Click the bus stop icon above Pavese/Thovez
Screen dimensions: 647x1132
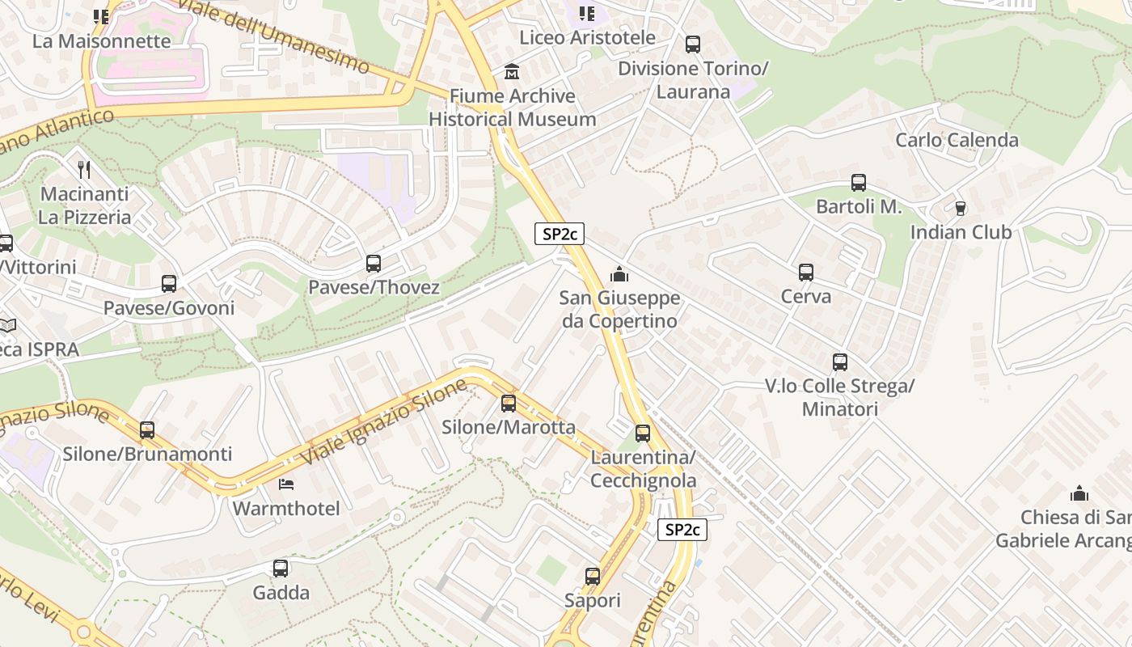tap(373, 263)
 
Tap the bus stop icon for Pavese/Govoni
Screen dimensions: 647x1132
tap(169, 284)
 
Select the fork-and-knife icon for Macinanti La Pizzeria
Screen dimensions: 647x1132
tap(84, 169)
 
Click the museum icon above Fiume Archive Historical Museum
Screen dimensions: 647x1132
tap(512, 72)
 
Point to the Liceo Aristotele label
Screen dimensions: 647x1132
tap(587, 37)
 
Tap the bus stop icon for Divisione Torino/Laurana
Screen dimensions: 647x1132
tap(693, 44)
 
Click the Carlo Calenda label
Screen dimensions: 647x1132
tap(957, 140)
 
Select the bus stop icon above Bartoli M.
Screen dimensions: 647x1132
tap(859, 183)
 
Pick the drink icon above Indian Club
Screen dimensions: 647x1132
tap(961, 209)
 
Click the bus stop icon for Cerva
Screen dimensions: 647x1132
tap(806, 273)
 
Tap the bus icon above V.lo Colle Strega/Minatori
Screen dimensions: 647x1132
tap(840, 362)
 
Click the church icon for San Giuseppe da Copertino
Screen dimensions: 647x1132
tap(619, 275)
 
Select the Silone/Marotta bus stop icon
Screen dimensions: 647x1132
tap(509, 403)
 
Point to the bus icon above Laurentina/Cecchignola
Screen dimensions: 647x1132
tap(643, 433)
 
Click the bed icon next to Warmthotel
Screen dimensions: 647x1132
tap(286, 484)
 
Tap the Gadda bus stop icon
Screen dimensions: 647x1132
tap(281, 569)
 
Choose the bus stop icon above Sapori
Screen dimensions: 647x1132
tap(593, 577)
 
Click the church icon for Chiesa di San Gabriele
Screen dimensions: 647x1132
tap(1079, 493)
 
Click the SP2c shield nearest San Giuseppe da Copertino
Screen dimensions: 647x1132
tap(560, 234)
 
